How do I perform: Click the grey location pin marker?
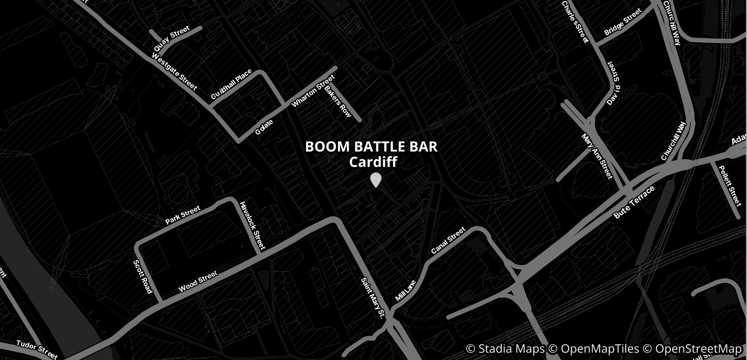tap(375, 180)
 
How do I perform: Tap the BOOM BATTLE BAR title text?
tap(371, 147)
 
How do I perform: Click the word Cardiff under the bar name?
tap(373, 162)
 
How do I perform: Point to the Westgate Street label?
tap(174, 72)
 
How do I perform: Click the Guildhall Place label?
tap(231, 84)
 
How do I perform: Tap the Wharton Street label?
tap(313, 91)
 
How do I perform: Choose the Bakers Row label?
tap(338, 101)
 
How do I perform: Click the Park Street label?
tap(183, 215)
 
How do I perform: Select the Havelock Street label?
tap(252, 226)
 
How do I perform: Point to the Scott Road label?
tap(142, 277)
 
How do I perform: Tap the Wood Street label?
tap(198, 282)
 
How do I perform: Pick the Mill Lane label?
tap(405, 290)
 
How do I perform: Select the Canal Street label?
tap(448, 241)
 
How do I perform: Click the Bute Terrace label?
tap(634, 202)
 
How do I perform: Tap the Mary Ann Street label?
tap(597, 156)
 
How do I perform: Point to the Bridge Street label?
tap(623, 22)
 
